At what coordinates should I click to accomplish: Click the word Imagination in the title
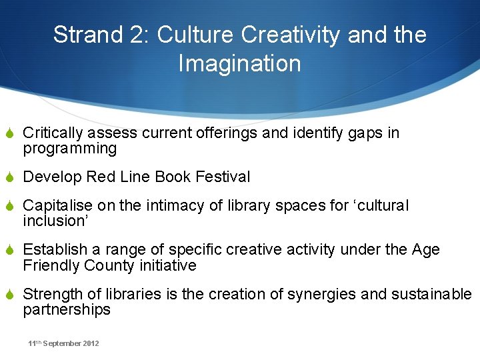pos(239,64)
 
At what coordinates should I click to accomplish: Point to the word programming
pos(69,149)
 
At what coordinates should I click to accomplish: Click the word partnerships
pos(67,310)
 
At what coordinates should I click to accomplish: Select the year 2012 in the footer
pos(90,343)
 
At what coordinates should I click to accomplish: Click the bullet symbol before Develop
pos(11,177)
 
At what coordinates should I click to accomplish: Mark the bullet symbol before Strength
pos(11,294)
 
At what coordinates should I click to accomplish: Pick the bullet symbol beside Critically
pos(11,133)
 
